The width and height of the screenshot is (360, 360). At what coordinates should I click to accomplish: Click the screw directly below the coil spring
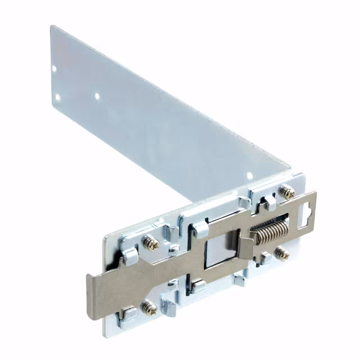pos(282,254)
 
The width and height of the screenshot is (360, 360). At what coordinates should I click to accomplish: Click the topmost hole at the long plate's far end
pos(55,69)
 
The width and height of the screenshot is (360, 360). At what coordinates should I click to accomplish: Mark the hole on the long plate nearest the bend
pos(250,175)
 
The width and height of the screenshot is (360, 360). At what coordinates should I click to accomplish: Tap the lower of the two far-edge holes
pos(57,97)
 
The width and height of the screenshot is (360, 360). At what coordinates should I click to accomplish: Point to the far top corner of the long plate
pos(52,26)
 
